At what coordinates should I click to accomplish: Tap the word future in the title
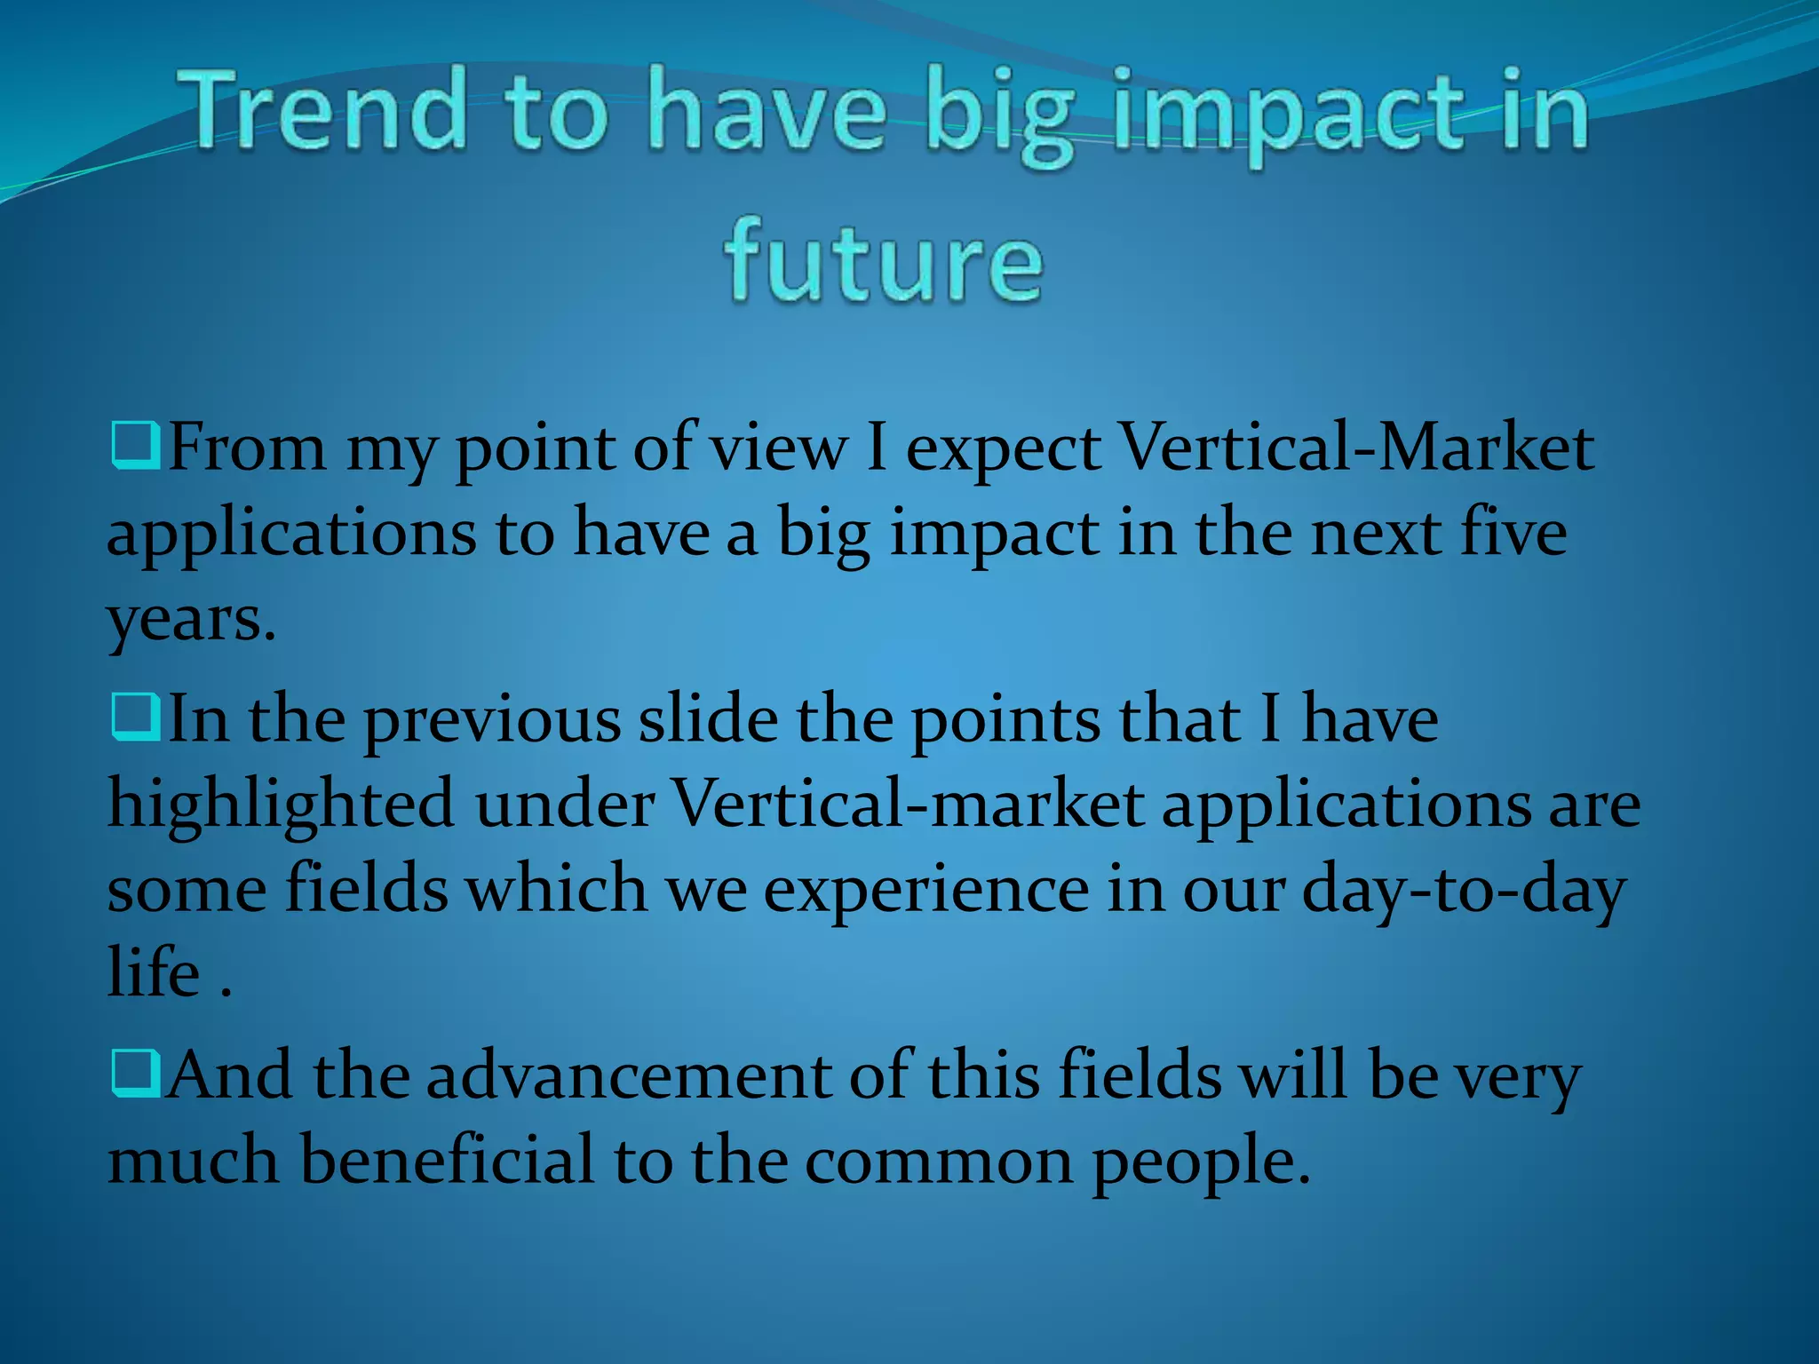coord(883,263)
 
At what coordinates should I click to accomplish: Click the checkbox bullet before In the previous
coord(135,718)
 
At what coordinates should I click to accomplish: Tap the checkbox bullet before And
coord(135,1074)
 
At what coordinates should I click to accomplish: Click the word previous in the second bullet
coord(492,720)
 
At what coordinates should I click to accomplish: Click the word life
coord(153,971)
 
